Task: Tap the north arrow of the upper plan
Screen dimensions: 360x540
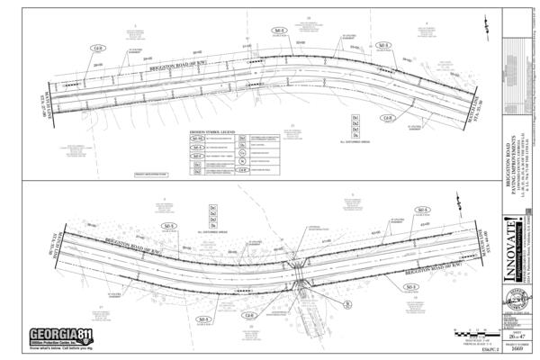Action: point(478,36)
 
